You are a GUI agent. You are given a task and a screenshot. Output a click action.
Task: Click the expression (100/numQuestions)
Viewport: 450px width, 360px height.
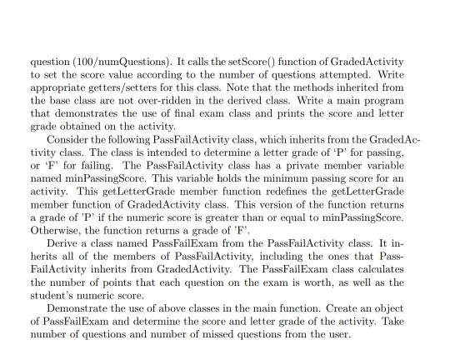110,62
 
